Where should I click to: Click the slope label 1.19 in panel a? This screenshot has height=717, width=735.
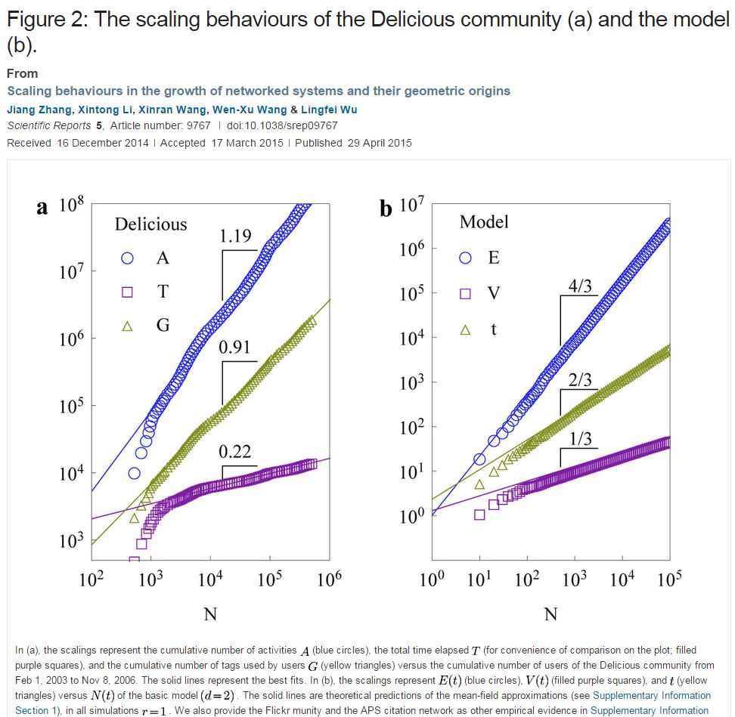(x=235, y=236)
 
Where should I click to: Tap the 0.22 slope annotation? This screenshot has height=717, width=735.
(x=234, y=452)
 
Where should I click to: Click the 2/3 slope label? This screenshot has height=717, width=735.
(x=580, y=379)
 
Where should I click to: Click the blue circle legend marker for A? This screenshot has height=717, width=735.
(x=128, y=258)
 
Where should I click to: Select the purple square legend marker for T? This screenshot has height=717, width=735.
(x=128, y=292)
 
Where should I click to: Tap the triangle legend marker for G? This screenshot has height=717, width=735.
(x=128, y=326)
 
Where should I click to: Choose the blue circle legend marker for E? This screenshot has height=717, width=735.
(x=466, y=258)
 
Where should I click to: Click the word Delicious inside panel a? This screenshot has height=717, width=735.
(x=150, y=224)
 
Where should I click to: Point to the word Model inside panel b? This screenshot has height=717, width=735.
(x=484, y=222)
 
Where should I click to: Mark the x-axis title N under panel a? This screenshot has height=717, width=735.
(x=210, y=613)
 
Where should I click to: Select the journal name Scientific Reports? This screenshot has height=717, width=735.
(x=49, y=126)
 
